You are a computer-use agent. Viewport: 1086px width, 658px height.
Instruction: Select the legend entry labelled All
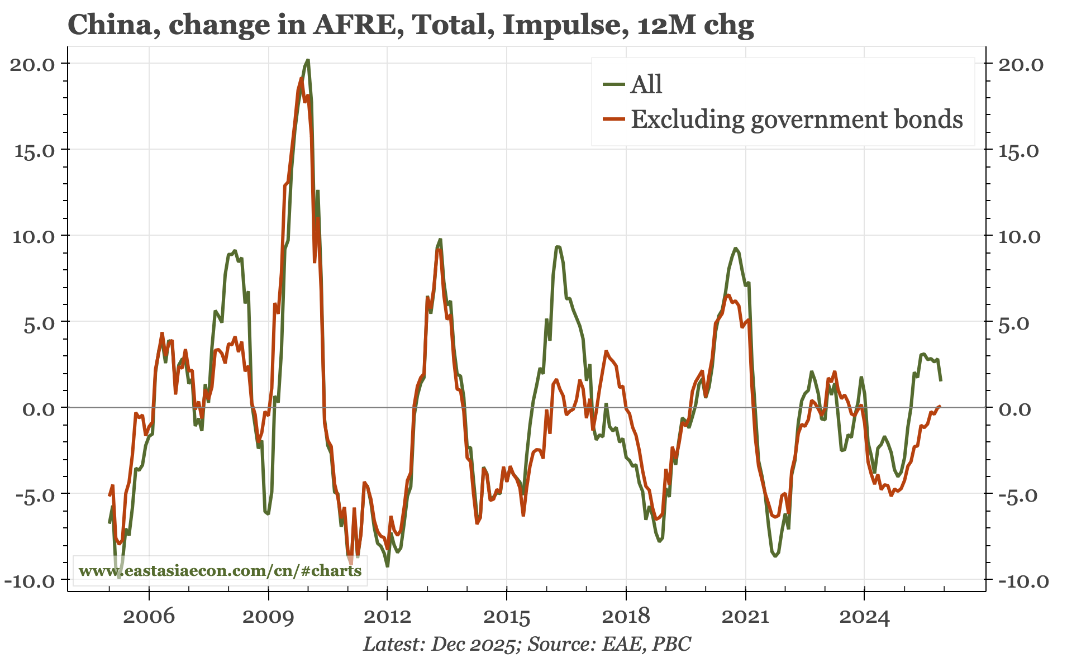point(646,85)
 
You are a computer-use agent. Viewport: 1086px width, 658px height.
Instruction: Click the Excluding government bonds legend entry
point(796,120)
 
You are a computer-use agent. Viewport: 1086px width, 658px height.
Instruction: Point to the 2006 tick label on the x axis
point(149,617)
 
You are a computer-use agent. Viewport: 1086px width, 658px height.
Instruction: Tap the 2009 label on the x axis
point(268,617)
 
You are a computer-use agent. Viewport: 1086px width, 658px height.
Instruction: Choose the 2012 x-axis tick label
point(387,617)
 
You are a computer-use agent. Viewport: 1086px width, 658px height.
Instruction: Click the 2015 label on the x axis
point(506,617)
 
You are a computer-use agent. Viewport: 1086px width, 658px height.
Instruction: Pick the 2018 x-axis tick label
point(626,617)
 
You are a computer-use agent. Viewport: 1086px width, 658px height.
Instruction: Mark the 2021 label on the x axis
point(745,617)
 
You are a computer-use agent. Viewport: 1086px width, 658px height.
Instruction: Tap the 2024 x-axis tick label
point(864,617)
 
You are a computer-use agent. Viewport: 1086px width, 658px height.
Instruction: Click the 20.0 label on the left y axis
point(32,64)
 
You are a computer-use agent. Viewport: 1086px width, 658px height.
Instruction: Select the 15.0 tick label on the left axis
point(32,150)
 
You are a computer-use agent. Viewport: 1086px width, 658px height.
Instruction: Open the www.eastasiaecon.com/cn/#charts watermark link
point(220,571)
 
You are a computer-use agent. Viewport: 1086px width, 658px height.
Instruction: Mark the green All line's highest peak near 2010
point(308,60)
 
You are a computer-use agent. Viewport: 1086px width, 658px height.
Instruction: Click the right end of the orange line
point(941,406)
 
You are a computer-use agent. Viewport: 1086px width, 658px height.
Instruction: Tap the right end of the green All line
point(941,380)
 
